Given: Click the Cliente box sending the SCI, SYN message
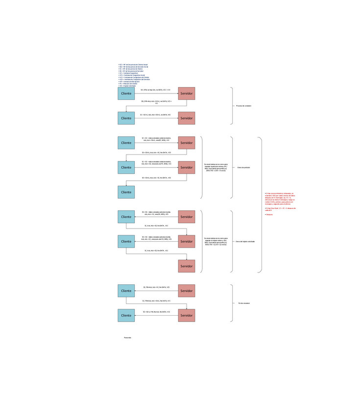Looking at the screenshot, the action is tap(126, 93).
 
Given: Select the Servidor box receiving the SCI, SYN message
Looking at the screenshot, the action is tap(186, 93).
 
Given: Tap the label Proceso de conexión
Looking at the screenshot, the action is tap(243, 106).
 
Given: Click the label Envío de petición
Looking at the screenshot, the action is tap(243, 167).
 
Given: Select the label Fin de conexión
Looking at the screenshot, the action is tap(244, 303).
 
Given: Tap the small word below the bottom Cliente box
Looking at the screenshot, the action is tap(127, 338).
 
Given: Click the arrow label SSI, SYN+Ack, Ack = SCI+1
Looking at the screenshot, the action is tap(156, 102).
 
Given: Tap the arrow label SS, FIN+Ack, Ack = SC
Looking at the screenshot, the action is tap(156, 287).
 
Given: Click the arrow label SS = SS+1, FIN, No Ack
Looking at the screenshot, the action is tap(156, 312).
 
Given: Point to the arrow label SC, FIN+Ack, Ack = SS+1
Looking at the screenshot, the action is tap(156, 300).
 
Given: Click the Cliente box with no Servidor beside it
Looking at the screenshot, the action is tap(126, 192).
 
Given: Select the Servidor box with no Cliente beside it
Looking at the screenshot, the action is tap(186, 266).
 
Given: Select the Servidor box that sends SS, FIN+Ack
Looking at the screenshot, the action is tap(186, 291).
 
